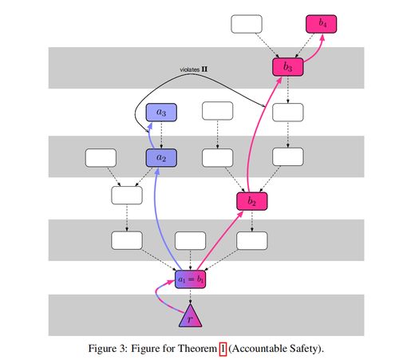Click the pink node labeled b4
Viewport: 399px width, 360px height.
pyautogui.click(x=321, y=24)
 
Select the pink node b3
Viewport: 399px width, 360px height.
pyautogui.click(x=288, y=67)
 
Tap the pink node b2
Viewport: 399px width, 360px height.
pyautogui.click(x=252, y=201)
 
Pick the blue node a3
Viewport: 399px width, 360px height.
pyautogui.click(x=161, y=113)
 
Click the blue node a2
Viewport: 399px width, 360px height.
pyautogui.click(x=161, y=158)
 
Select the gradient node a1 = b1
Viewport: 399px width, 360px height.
pyautogui.click(x=190, y=279)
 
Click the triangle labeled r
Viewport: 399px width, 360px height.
pyautogui.click(x=190, y=316)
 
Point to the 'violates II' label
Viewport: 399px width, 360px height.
pyautogui.click(x=194, y=69)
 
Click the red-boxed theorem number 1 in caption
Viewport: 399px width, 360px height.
pyautogui.click(x=223, y=349)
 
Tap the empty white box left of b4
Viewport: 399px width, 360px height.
pyautogui.click(x=247, y=24)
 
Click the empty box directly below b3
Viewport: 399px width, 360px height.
pyautogui.click(x=288, y=113)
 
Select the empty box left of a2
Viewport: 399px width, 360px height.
pyautogui.click(x=101, y=158)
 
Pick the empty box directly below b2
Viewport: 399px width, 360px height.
pyautogui.click(x=252, y=241)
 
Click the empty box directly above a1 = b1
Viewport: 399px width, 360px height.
pyautogui.click(x=190, y=241)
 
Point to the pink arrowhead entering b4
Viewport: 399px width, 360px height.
pyautogui.click(x=322, y=38)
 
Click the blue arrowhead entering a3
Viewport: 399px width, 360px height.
pyautogui.click(x=150, y=125)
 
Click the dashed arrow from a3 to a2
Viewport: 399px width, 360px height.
pyautogui.click(x=161, y=135)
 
